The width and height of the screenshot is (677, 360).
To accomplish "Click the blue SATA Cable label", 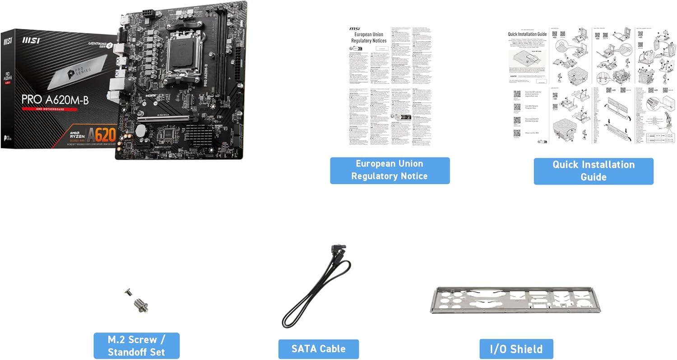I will pos(319,349).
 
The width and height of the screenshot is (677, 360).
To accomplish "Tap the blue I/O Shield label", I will pos(516,349).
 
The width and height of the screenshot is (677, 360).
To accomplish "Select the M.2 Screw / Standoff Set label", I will pos(136,346).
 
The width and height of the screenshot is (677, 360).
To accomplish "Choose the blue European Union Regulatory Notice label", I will pos(390,170).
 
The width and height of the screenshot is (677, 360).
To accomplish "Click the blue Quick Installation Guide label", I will pos(593,171).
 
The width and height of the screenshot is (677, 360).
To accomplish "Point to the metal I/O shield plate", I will pos(516,300).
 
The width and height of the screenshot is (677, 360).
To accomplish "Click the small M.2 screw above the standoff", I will pos(129,293).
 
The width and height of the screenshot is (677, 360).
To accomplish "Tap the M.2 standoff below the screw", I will pos(140,307).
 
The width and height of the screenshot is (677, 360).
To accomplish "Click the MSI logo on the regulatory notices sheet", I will pos(354,29).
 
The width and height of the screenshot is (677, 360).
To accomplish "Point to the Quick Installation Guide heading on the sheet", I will pos(527,34).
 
